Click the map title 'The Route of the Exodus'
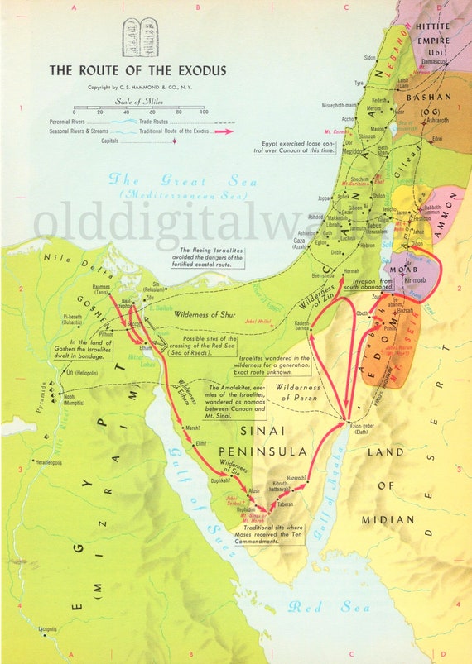click(137, 71)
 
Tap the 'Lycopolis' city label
click(29, 629)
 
